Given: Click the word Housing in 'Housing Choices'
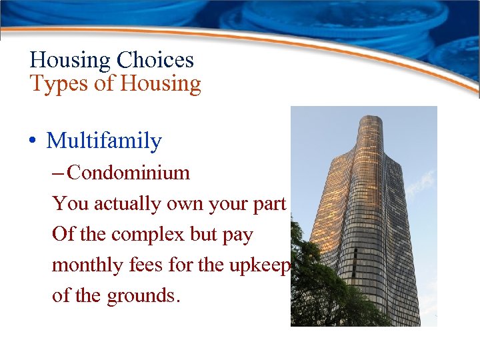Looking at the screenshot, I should (x=70, y=61).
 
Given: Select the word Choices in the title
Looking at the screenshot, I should (x=155, y=61).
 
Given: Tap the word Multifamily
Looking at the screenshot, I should (x=104, y=141).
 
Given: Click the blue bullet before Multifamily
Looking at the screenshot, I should (x=32, y=142).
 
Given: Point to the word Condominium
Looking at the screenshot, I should (x=129, y=173).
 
